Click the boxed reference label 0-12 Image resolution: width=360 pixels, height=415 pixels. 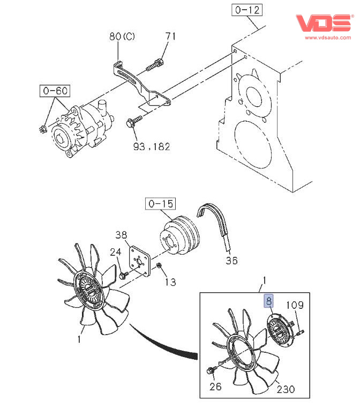tap(247, 10)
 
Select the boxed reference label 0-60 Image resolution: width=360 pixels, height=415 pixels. tap(55, 91)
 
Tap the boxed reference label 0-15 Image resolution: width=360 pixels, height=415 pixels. tap(160, 204)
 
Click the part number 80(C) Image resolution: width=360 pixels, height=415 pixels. tap(122, 36)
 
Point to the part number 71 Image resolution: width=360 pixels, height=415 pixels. tap(170, 36)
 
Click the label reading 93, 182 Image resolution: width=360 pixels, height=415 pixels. tap(152, 146)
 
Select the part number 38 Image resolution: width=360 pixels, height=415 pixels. tap(121, 234)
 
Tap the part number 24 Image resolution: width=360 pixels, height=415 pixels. tap(116, 252)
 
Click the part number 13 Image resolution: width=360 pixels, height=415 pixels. tap(170, 282)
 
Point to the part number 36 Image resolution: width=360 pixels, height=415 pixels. tap(232, 261)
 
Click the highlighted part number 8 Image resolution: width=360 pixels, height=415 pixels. tap(269, 301)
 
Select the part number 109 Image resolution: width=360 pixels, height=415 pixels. tap(295, 305)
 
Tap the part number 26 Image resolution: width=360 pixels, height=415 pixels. tap(215, 387)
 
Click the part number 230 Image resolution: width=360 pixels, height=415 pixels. tap(286, 389)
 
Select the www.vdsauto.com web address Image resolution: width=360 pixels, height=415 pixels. tap(328, 38)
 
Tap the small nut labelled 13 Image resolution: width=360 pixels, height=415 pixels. tap(159, 265)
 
